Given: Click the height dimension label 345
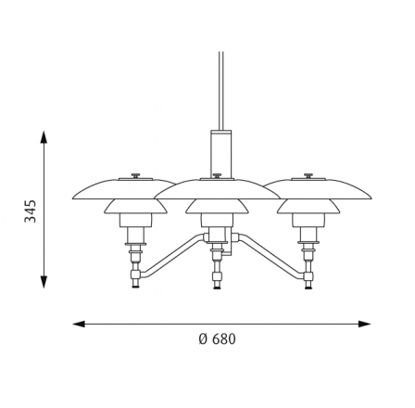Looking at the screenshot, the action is pyautogui.click(x=31, y=211).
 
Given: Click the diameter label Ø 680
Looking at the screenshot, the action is pyautogui.click(x=217, y=339).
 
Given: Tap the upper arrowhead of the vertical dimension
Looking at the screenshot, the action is pyautogui.click(x=44, y=136).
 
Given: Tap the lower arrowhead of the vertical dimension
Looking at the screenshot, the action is pyautogui.click(x=44, y=282).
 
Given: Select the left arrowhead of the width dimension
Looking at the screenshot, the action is pyautogui.click(x=79, y=324).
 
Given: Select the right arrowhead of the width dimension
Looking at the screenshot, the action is pyautogui.click(x=364, y=324).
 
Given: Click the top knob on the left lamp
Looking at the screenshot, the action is pyautogui.click(x=136, y=175).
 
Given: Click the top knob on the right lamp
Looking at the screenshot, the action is pyautogui.click(x=308, y=175).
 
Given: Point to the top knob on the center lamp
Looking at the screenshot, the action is pyautogui.click(x=217, y=175).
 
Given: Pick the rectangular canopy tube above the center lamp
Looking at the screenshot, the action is pyautogui.click(x=221, y=154).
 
